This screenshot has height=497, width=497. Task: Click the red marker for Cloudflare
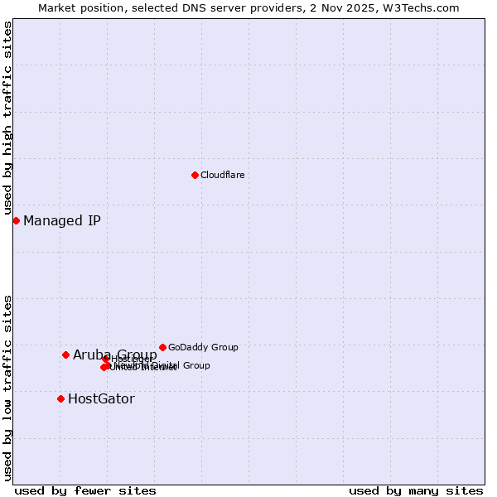pyautogui.click(x=195, y=175)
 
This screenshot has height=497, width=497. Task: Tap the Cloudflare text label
pyautogui.click(x=222, y=175)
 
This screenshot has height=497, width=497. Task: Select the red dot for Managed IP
pyautogui.click(x=16, y=220)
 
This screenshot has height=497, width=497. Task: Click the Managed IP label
pyautogui.click(x=62, y=220)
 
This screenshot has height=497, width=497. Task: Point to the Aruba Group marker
pyautogui.click(x=65, y=355)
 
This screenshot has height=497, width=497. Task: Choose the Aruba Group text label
pyautogui.click(x=114, y=355)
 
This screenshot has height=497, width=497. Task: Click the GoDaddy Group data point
pyautogui.click(x=162, y=347)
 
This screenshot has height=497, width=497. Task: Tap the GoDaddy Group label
pyautogui.click(x=203, y=347)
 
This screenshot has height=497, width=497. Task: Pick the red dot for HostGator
pyautogui.click(x=60, y=398)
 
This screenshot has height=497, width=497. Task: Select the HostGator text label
pyautogui.click(x=101, y=398)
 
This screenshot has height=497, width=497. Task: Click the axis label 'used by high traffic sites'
pyautogui.click(x=7, y=118)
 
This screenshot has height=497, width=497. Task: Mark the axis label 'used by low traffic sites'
pyautogui.click(x=7, y=387)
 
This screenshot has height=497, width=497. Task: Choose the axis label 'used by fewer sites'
pyautogui.click(x=85, y=490)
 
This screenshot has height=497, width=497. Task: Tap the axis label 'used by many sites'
pyautogui.click(x=416, y=490)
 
